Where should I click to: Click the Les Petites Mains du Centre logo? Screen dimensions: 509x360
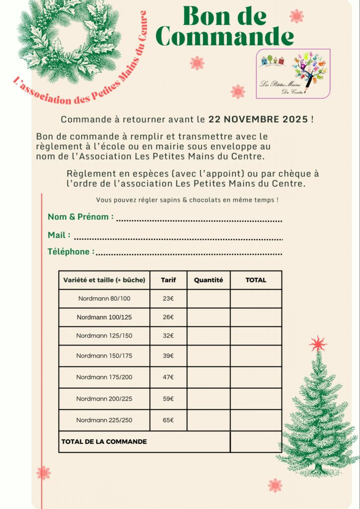tap(293, 74)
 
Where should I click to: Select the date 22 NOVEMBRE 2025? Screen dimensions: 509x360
tap(259, 120)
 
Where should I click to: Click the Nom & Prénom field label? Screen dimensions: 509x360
tap(81, 217)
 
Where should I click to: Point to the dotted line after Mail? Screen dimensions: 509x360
tap(178, 239)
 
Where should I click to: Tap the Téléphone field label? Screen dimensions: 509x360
tap(71, 252)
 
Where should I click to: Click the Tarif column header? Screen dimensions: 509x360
tap(169, 280)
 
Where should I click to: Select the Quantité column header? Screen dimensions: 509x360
tap(208, 280)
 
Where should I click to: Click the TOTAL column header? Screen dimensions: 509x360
tap(256, 280)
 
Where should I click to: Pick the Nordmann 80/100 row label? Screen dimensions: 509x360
tap(104, 299)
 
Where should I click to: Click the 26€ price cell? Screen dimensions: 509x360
tap(169, 317)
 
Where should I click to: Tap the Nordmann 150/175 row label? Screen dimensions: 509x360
tap(104, 356)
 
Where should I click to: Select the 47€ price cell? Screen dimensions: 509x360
tap(169, 377)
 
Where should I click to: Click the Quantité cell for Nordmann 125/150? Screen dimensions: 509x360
tap(208, 336)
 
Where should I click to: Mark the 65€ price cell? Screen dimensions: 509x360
tap(169, 420)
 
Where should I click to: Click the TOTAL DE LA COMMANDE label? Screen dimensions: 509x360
tap(104, 441)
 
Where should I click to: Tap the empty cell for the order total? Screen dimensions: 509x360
tap(256, 441)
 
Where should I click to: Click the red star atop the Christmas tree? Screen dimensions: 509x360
tap(317, 343)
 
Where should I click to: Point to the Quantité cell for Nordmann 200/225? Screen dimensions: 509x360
tap(208, 399)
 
